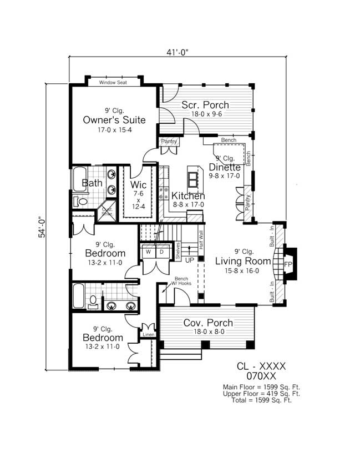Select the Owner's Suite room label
(114, 120)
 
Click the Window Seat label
(113, 83)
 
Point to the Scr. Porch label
(205, 106)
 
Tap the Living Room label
(243, 261)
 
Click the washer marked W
(148, 252)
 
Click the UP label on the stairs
(189, 260)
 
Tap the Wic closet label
(138, 184)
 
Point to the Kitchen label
(188, 196)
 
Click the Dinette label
(225, 167)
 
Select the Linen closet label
(148, 334)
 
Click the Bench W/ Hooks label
(182, 282)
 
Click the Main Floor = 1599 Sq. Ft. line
(261, 386)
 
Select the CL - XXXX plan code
(261, 366)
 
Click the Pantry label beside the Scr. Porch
(169, 142)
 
